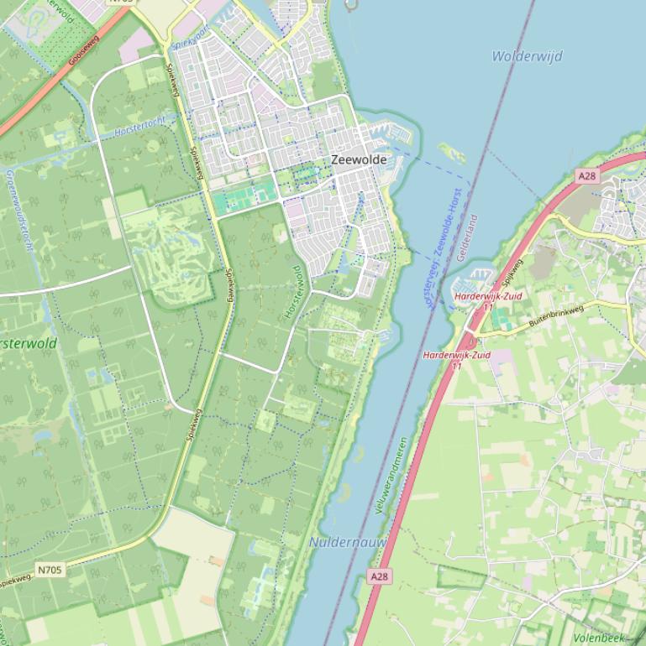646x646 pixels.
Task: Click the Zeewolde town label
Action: coord(359,159)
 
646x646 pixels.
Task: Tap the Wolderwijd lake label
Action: coord(527,56)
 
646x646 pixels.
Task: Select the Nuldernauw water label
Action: coord(348,543)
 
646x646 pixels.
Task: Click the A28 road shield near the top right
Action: coord(586,175)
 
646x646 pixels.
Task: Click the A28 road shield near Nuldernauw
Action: coord(380,576)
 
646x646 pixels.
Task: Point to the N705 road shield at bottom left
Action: coord(50,570)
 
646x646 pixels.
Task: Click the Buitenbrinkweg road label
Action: coord(555,316)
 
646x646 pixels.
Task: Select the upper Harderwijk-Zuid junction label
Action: coord(488,296)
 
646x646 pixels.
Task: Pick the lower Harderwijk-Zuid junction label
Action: coord(456,355)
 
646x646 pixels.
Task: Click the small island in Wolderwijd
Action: coord(452,153)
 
